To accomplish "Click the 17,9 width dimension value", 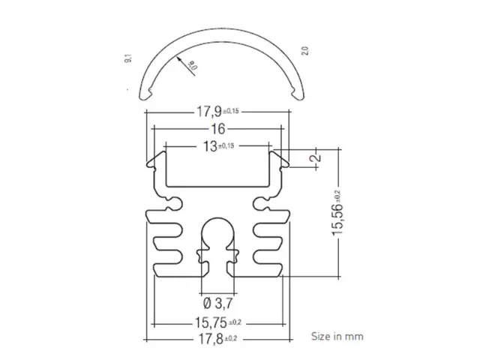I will point(210,112).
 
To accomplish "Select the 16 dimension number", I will point(217,128).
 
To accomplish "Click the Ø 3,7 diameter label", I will point(217,304).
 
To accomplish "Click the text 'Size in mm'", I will point(337,336).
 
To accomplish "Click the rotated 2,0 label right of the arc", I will point(304,51).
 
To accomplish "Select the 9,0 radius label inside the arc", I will point(192,66).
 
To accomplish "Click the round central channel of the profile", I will point(217,232).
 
